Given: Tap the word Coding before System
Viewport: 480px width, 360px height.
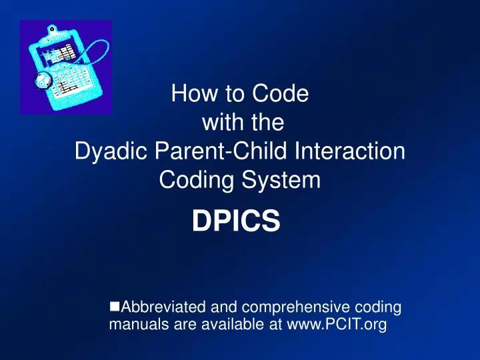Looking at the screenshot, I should [198, 180].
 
